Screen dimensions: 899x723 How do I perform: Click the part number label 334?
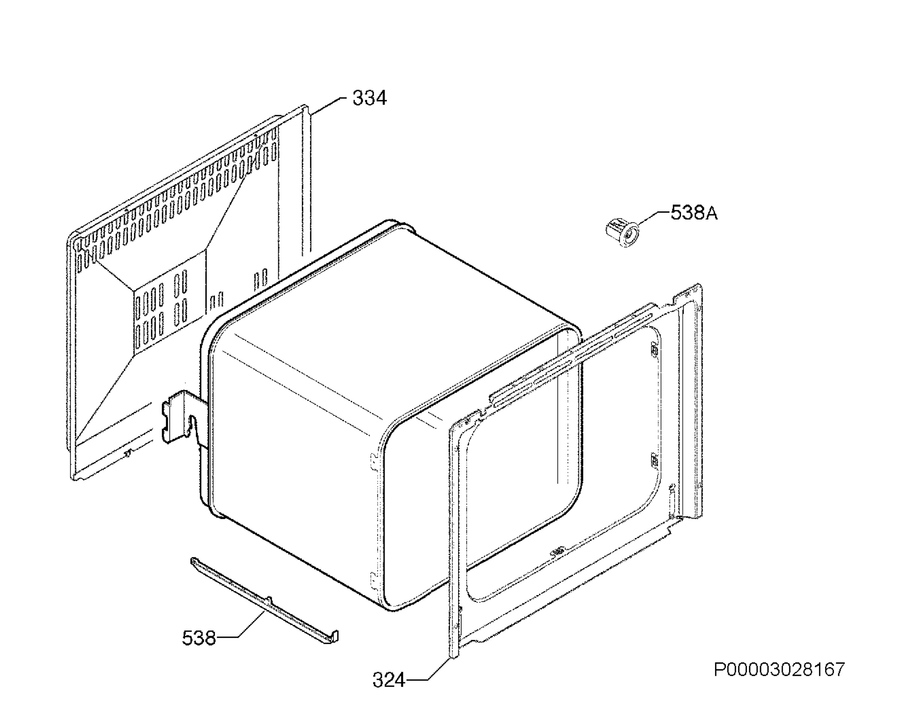[369, 99]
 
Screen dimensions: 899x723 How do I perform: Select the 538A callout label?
[694, 213]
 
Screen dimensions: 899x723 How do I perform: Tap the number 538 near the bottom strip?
[199, 638]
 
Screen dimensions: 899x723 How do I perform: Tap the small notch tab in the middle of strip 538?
[269, 600]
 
